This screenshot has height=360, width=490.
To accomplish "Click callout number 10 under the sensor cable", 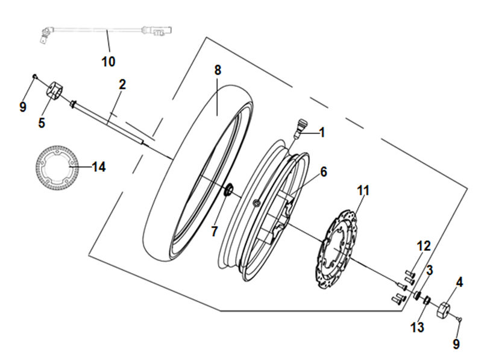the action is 108,62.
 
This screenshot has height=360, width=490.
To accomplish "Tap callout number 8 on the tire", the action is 218,70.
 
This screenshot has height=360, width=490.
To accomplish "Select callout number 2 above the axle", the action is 122,84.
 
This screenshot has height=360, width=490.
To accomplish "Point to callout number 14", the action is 99,167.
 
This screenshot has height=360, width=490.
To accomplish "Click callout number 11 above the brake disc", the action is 363,191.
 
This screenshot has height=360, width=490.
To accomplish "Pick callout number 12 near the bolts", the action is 424,246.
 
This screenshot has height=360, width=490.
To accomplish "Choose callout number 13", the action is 418,327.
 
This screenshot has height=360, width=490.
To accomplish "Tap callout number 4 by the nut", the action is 459,282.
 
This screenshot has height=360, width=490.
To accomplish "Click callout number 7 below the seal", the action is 214,232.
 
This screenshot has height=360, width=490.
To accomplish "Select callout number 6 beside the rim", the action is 324,172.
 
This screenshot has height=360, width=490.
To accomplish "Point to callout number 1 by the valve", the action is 322,132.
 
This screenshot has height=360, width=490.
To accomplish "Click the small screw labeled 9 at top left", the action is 35,76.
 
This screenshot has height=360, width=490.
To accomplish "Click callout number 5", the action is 42,122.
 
